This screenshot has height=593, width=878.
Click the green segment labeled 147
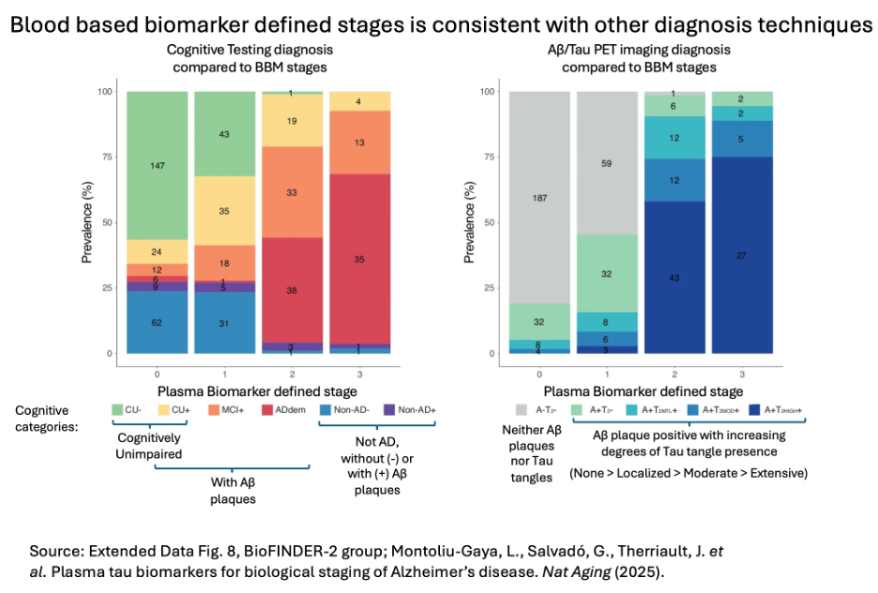(x=157, y=166)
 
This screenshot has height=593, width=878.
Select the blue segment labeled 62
(x=157, y=322)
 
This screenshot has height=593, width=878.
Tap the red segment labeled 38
(x=291, y=291)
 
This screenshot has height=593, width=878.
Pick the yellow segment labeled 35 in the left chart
(x=224, y=211)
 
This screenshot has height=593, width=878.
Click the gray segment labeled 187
(x=539, y=198)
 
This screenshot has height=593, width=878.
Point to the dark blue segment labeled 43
(x=674, y=277)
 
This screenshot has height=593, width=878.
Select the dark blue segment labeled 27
(x=741, y=255)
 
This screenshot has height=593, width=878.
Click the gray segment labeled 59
(x=607, y=163)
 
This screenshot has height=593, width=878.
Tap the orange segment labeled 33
(x=291, y=192)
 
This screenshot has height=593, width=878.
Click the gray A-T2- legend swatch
(x=522, y=410)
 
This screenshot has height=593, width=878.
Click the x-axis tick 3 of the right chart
(x=741, y=372)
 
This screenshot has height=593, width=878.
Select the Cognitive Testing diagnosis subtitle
(x=250, y=49)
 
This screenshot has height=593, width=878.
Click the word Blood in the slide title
(x=43, y=24)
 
